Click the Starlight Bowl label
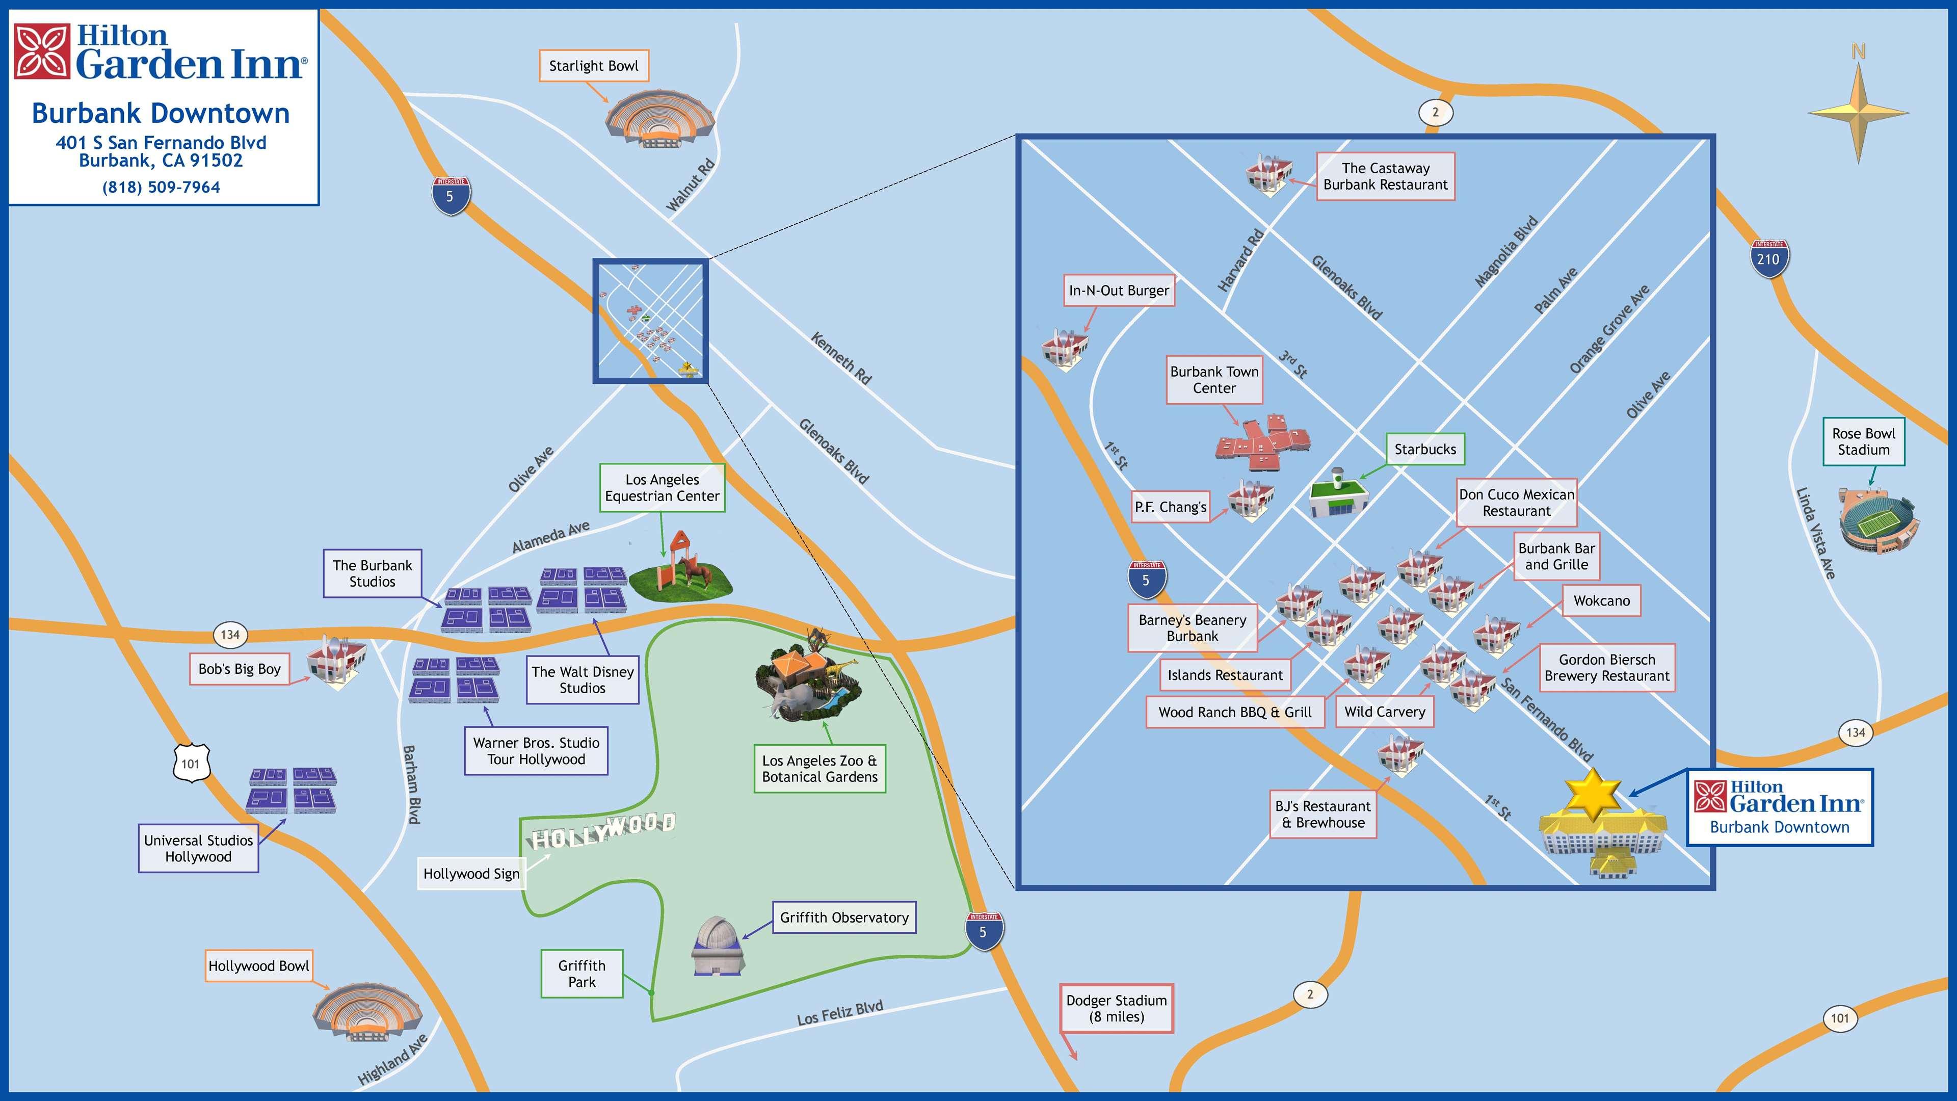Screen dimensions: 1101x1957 point(593,66)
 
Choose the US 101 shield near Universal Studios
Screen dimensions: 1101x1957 point(190,763)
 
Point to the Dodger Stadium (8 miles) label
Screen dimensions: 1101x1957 point(1116,1008)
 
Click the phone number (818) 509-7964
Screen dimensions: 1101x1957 point(161,188)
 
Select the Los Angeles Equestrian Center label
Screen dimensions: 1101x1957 point(662,488)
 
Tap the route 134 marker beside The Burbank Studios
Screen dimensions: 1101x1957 point(230,635)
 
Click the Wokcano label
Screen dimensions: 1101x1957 point(1601,600)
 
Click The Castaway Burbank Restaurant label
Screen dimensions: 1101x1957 point(1385,176)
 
